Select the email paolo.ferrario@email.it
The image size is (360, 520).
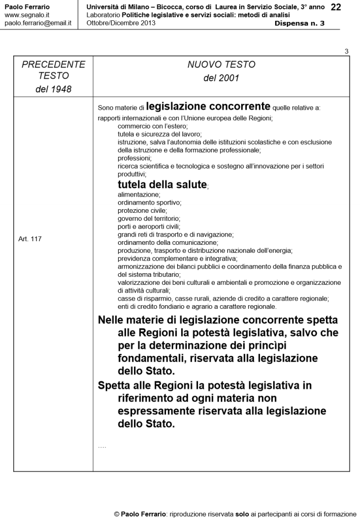coord(38,23)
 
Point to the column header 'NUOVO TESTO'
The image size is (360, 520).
coord(221,65)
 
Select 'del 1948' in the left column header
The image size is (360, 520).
coord(53,89)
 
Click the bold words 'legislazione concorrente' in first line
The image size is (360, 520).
coord(208,107)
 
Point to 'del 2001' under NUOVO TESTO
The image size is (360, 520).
coord(221,79)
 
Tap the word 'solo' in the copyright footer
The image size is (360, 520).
coord(242,513)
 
